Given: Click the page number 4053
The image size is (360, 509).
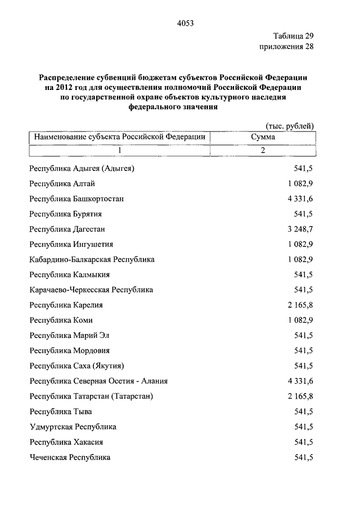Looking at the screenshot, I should point(185,24).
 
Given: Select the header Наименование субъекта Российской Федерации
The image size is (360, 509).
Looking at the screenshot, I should point(119,137).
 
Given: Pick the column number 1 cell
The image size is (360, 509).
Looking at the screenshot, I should point(119,151).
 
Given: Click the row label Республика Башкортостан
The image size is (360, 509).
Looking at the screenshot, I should point(76,199).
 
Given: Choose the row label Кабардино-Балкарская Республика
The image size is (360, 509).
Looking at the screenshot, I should point(92,259).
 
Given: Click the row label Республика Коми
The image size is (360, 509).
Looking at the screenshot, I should point(61,320).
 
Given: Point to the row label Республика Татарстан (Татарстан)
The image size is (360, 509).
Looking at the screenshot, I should point(91,396).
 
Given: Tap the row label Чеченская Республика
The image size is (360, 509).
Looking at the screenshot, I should point(70,457).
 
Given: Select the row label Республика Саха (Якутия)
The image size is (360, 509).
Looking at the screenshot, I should point(76,366).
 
